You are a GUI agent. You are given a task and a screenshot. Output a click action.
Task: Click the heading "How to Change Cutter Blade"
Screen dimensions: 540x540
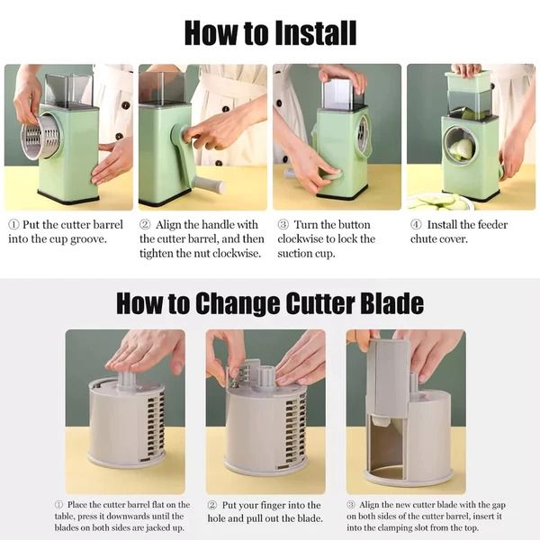point(270,302)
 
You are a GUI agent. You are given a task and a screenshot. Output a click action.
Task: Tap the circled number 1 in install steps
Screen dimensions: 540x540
point(13,225)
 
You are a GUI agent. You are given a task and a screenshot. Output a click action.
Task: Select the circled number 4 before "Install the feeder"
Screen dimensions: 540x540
point(416,225)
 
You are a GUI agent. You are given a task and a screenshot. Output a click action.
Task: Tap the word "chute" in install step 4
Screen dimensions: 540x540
point(426,238)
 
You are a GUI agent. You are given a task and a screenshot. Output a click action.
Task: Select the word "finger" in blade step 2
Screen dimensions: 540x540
point(278,505)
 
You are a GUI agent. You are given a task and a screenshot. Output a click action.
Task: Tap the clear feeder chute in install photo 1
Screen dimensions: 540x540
point(68,90)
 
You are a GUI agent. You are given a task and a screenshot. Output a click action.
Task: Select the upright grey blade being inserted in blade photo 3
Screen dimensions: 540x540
point(389,378)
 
